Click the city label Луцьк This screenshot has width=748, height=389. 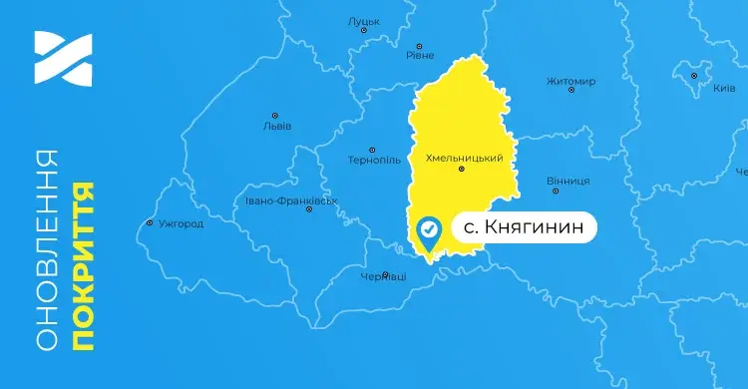[x=363, y=20]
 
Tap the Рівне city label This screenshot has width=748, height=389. [x=420, y=55]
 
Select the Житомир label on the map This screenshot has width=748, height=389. [x=571, y=80]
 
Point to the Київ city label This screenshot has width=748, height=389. [x=724, y=88]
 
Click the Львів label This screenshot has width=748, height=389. [x=276, y=126]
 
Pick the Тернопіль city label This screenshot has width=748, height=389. [x=374, y=160]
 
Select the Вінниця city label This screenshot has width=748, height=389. [x=568, y=181]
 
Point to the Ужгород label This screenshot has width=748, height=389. [x=181, y=223]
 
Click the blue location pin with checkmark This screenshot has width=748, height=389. [x=429, y=232]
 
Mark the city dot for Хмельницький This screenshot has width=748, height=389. [x=461, y=170]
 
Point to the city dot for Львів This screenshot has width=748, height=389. [x=275, y=115]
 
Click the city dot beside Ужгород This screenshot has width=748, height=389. [x=150, y=222]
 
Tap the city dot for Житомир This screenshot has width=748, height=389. [x=571, y=91]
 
